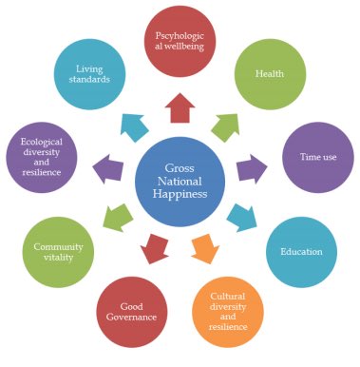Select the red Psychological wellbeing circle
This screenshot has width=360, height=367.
(180, 44)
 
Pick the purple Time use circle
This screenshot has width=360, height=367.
(317, 157)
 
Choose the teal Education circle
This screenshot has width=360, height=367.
(300, 251)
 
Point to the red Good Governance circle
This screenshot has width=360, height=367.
(133, 311)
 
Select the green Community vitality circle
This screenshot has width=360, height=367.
(57, 252)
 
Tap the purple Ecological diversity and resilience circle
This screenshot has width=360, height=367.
(41, 158)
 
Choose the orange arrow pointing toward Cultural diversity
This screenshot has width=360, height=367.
(203, 249)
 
